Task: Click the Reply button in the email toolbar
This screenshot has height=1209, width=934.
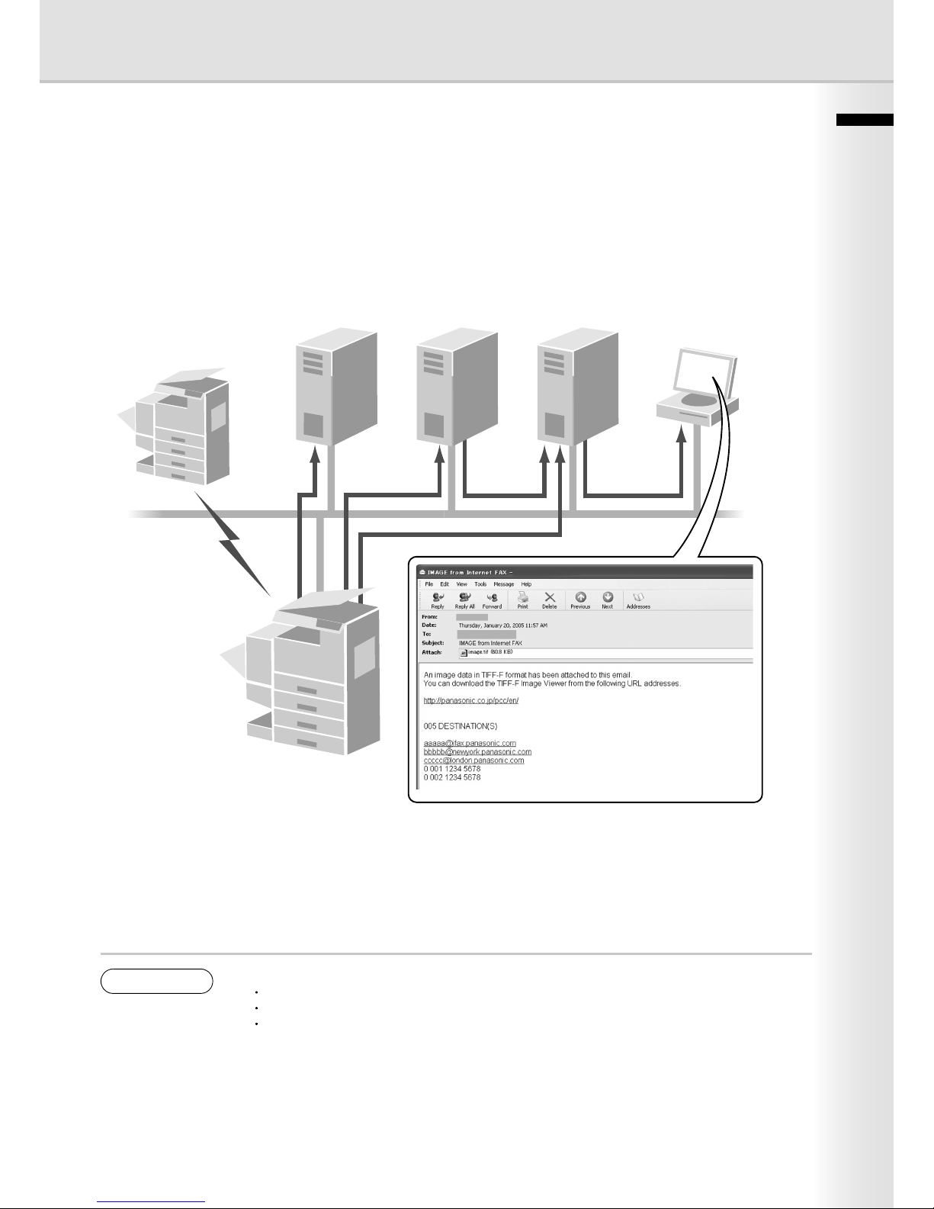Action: click(x=438, y=600)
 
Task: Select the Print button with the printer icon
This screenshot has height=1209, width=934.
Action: click(x=523, y=600)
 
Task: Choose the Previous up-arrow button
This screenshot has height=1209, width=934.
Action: click(x=580, y=600)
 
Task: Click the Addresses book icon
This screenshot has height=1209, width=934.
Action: click(x=638, y=600)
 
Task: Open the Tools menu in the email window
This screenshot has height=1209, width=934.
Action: click(x=480, y=584)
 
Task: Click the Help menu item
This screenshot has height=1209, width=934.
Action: click(x=526, y=584)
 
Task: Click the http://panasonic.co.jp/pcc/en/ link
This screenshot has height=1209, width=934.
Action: click(x=471, y=700)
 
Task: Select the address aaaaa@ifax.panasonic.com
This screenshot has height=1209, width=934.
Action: click(x=470, y=743)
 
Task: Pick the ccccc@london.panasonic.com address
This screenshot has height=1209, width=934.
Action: click(x=473, y=760)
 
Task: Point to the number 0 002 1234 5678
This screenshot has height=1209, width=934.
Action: click(x=452, y=777)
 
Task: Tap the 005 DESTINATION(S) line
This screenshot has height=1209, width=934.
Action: click(x=461, y=726)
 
